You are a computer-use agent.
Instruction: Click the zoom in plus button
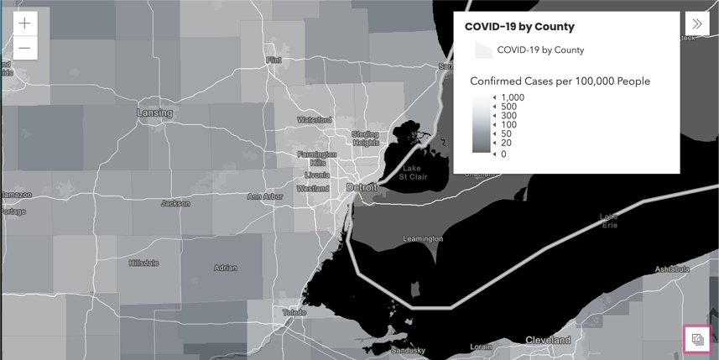pos(25,23)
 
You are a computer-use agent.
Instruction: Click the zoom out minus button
pos(25,48)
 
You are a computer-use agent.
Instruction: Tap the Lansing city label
pos(154,112)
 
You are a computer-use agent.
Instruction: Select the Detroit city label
pos(362,187)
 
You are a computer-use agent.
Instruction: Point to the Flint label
pos(274,60)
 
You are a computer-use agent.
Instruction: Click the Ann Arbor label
pos(264,197)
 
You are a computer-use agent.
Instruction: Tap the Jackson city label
pos(175,203)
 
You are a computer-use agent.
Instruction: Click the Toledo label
pos(294,312)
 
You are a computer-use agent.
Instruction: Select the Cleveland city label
pos(548,340)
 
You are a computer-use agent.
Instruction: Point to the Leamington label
pos(422,239)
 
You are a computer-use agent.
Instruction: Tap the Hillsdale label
pos(143,263)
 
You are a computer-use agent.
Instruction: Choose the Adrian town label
pos(225,269)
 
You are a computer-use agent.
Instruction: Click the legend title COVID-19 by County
pos(519,27)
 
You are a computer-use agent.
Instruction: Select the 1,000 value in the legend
pos(513,98)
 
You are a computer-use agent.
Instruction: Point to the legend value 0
pos(503,154)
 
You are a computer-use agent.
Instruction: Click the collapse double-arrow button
pos(697,23)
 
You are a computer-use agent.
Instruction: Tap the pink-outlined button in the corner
pos(697,339)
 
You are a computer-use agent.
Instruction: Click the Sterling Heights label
pos(365,138)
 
